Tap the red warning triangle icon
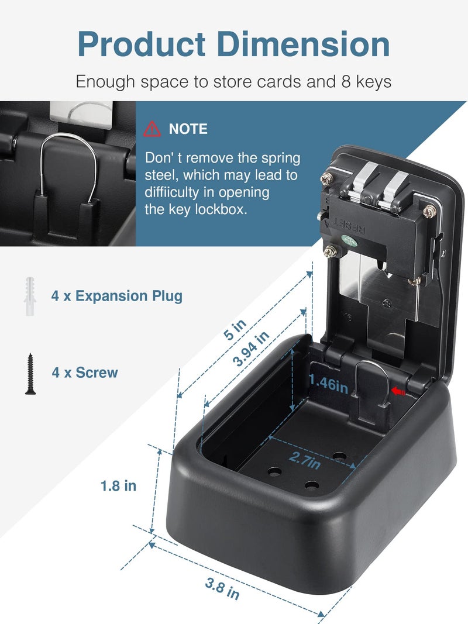pos(152,129)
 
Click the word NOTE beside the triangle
pos(188,129)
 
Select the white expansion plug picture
pos(30,297)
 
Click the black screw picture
pos(30,373)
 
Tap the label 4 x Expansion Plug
pos(116,296)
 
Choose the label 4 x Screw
pos(85,373)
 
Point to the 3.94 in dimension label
pos(250,349)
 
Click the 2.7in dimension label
pos(305,460)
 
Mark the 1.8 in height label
pos(118,485)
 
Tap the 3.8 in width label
pos(222,588)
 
